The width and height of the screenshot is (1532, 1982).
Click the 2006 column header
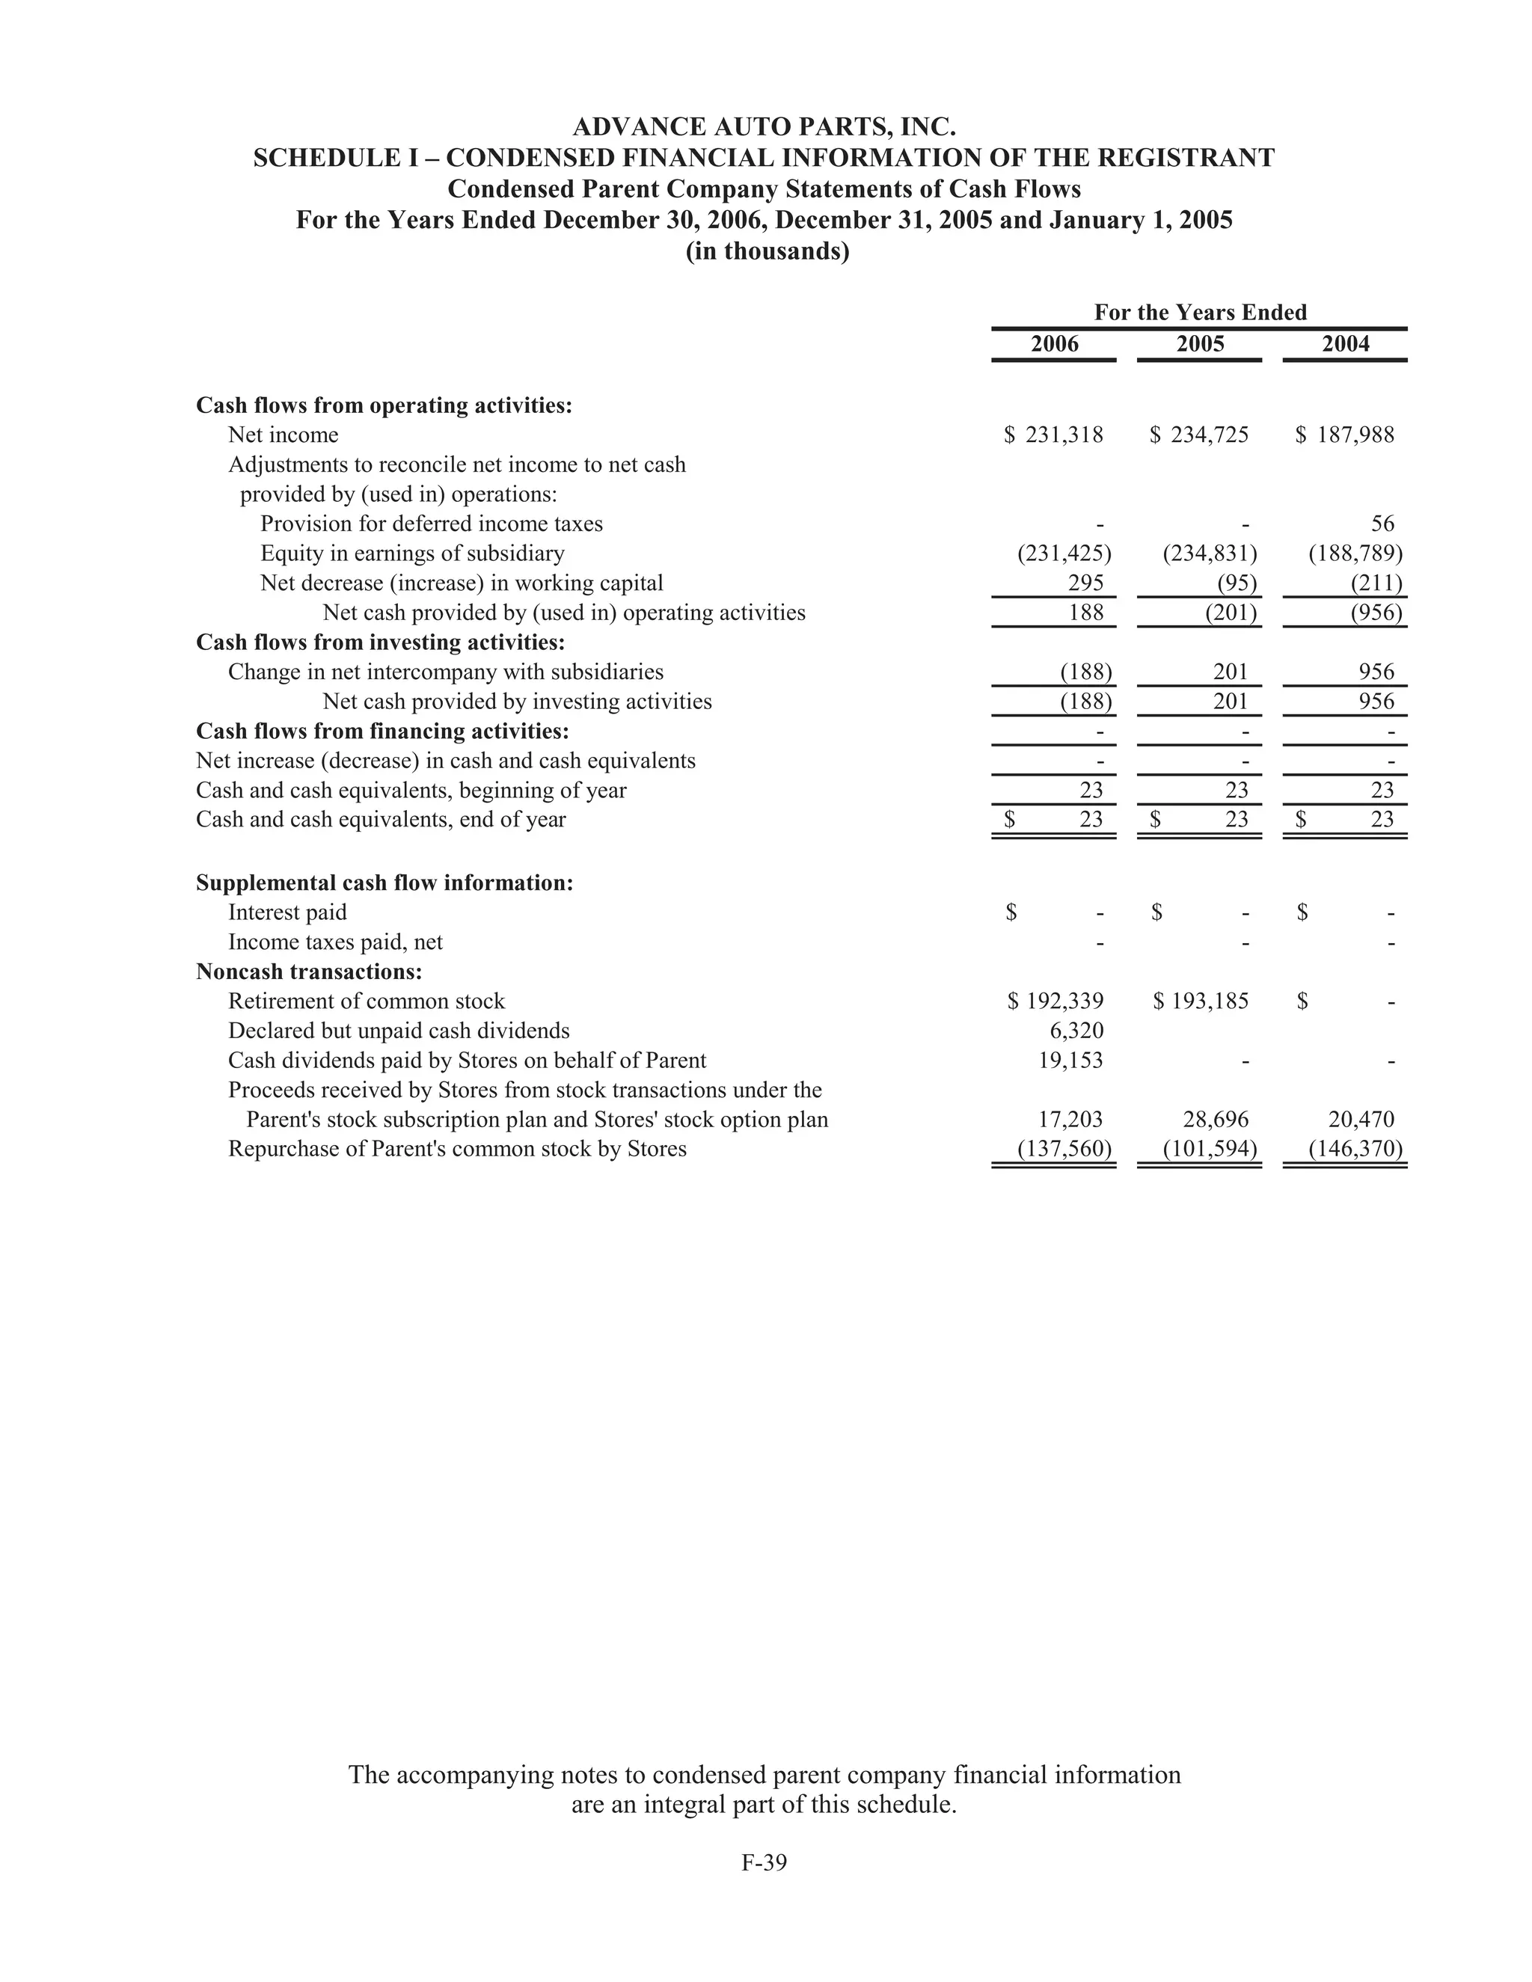[1055, 344]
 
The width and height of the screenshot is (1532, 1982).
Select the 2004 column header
[1345, 344]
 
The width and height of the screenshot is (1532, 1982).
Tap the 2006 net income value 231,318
[1064, 435]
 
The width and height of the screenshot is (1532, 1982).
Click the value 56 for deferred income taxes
[1382, 524]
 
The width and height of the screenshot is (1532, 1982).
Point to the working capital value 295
[1085, 583]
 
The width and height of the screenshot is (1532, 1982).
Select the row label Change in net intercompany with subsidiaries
[446, 672]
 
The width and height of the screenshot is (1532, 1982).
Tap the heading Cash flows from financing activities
[383, 731]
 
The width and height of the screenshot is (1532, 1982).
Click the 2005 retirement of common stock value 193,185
[1209, 1001]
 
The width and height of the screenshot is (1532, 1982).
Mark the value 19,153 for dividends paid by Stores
[1071, 1060]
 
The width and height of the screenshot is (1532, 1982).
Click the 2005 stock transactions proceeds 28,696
[1216, 1119]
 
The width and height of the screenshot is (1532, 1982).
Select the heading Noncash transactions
[310, 972]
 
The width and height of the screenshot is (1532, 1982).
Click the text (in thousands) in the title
[767, 251]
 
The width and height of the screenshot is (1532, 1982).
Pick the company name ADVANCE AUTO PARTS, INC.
[765, 126]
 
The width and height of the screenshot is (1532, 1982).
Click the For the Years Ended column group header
[1200, 312]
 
